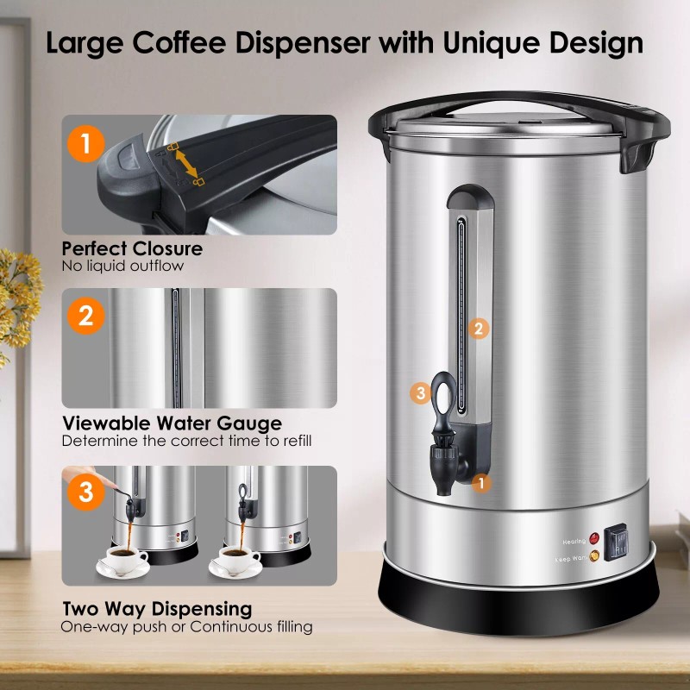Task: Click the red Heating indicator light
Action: [x=594, y=541]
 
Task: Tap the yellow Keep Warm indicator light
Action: [x=594, y=558]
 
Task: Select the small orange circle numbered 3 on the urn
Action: [x=420, y=393]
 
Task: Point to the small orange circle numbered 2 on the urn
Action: [x=480, y=328]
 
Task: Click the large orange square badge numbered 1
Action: [x=85, y=142]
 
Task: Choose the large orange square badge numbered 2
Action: [x=85, y=316]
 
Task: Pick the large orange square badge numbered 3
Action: [x=85, y=493]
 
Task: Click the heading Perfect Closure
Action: [x=132, y=249]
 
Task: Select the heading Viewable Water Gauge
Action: [x=172, y=423]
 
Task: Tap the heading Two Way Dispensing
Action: [x=156, y=610]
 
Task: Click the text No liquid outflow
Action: [x=122, y=266]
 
